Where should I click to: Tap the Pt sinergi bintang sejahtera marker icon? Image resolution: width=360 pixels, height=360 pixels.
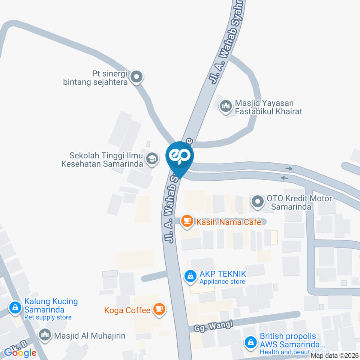[136, 77]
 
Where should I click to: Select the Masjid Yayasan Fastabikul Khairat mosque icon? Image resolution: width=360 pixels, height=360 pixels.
[226, 107]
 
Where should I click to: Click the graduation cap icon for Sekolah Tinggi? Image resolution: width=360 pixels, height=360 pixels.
[152, 159]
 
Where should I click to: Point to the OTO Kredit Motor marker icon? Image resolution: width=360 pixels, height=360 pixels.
[258, 202]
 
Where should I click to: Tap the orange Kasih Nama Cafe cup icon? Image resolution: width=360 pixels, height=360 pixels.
[187, 222]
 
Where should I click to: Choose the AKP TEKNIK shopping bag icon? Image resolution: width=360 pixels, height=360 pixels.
[190, 277]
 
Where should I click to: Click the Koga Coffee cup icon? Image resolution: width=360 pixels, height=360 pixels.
[160, 309]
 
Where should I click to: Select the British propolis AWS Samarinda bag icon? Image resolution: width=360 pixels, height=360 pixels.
[250, 342]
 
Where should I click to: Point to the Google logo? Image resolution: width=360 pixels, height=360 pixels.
[20, 352]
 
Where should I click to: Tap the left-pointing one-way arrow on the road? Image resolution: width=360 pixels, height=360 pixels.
[285, 178]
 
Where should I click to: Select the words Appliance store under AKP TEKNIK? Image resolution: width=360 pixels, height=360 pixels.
[222, 282]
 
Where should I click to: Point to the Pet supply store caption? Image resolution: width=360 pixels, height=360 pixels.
[48, 317]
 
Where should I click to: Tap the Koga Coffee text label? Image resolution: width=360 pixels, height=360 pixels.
[127, 310]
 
